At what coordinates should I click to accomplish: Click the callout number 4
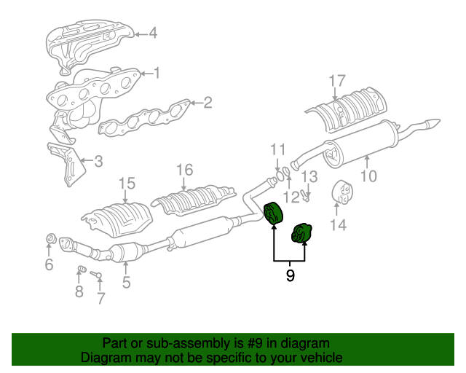click(153, 33)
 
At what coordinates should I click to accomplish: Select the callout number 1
click(156, 73)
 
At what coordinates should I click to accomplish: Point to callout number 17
click(336, 81)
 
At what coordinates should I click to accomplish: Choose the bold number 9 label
click(290, 276)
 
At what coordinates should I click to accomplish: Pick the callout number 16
click(184, 170)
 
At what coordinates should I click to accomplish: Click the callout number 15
click(127, 183)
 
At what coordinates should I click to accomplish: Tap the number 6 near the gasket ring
click(49, 264)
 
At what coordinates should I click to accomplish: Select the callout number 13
click(309, 176)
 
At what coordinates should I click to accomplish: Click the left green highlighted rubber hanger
click(274, 213)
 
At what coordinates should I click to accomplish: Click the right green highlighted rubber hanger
click(301, 234)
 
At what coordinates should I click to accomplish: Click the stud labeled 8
click(82, 271)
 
